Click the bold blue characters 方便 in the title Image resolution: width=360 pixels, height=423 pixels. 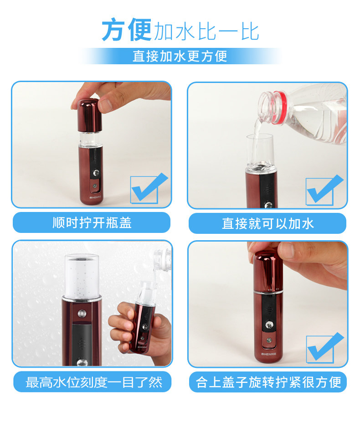pyautogui.click(x=126, y=31)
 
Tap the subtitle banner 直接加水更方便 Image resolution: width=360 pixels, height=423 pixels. pyautogui.click(x=180, y=56)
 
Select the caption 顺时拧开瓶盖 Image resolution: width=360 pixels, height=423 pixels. pyautogui.click(x=92, y=223)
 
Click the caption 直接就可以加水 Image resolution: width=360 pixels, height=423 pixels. pyautogui.click(x=267, y=223)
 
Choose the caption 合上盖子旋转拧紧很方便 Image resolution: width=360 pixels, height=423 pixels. pyautogui.click(x=268, y=382)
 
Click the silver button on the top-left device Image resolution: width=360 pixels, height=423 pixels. pyautogui.click(x=96, y=173)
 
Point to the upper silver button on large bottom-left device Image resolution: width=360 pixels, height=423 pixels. pyautogui.click(x=82, y=314)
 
